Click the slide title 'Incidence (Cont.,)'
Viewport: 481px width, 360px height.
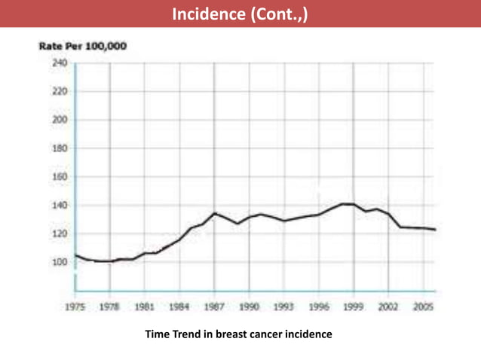(x=240, y=14)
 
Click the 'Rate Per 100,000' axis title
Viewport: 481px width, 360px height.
(x=83, y=47)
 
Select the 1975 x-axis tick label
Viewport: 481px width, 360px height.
(x=74, y=307)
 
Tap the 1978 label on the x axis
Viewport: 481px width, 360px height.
(x=109, y=307)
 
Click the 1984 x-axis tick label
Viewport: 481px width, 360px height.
(x=179, y=307)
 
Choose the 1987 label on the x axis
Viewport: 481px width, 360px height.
(x=214, y=307)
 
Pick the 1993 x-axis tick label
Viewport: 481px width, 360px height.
(x=283, y=307)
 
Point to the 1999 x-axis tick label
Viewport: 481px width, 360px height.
(x=354, y=307)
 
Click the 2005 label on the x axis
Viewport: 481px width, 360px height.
(x=423, y=307)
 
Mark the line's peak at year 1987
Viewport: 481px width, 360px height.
(x=214, y=213)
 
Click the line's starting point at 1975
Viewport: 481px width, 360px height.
(x=75, y=255)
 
